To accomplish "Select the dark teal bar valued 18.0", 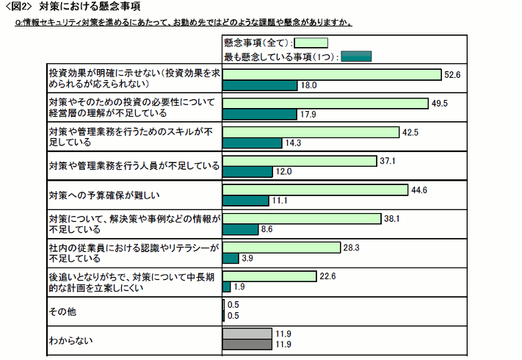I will tap(259, 85).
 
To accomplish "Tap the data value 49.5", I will tap(440, 104).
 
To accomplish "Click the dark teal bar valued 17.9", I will tap(259, 114).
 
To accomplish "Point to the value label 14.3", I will tap(293, 143).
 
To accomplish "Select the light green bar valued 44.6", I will tap(315, 190).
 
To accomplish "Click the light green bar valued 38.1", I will tap(301, 218).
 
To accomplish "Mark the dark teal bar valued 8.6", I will tap(240, 229).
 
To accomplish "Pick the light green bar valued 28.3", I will tap(281, 247).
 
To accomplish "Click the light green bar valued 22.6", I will tap(269, 276).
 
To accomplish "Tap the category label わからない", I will tap(70, 340).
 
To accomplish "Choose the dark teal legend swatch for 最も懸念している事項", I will tap(357, 56).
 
